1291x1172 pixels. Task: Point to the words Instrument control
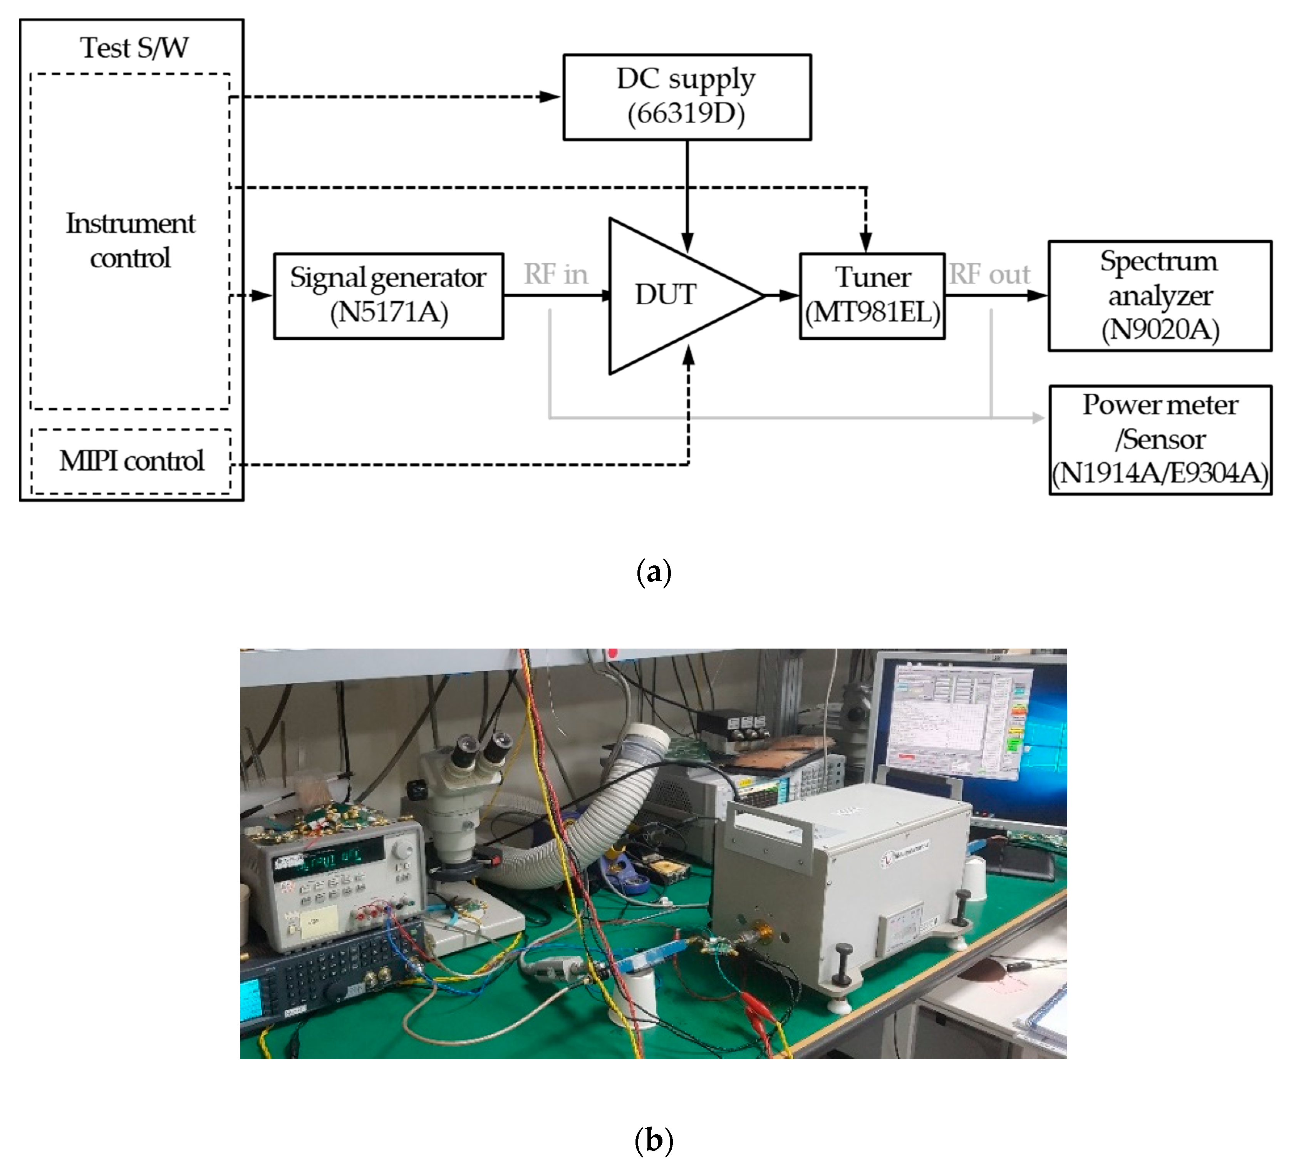point(131,241)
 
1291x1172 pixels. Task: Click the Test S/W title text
point(134,47)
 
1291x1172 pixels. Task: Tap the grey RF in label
point(556,274)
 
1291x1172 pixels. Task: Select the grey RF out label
point(989,274)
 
